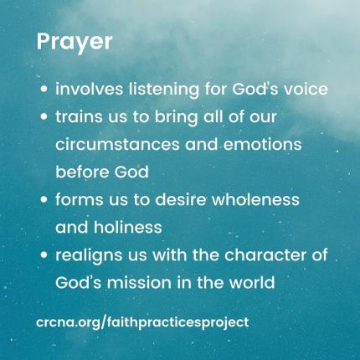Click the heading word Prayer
[75, 43]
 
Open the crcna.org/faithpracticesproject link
[142, 321]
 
